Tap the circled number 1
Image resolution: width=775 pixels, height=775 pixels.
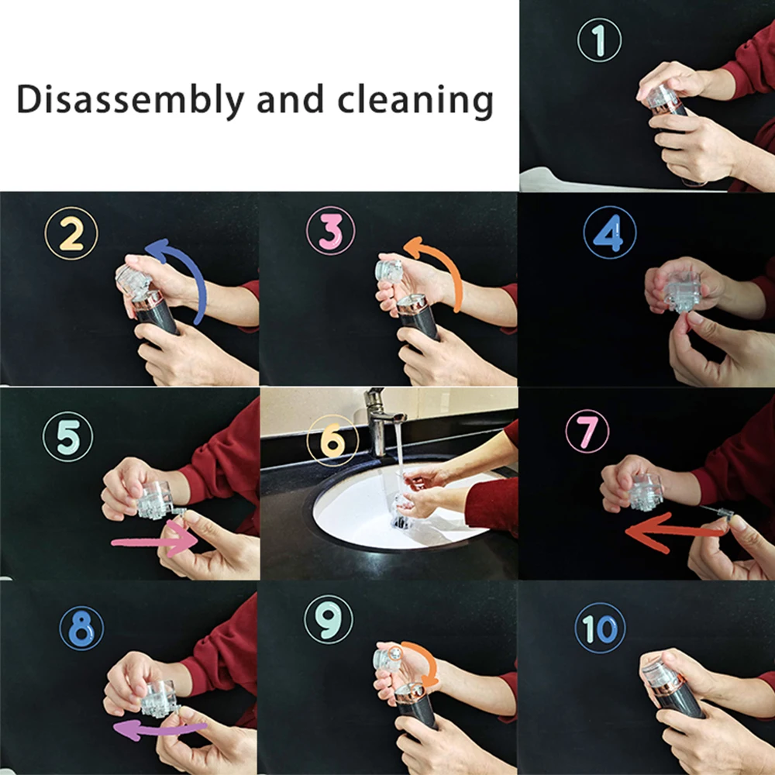600,40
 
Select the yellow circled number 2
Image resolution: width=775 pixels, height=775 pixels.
71,233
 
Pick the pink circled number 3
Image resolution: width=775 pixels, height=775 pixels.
330,231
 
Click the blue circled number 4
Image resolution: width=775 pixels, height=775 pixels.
610,232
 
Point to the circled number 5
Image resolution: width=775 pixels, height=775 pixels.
67,437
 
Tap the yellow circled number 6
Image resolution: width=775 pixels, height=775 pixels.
332,440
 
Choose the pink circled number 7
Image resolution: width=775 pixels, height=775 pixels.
587,431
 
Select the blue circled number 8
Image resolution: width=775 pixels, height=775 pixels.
81,629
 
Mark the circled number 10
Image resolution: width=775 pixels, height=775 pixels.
600,628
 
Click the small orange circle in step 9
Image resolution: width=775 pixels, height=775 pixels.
395,653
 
